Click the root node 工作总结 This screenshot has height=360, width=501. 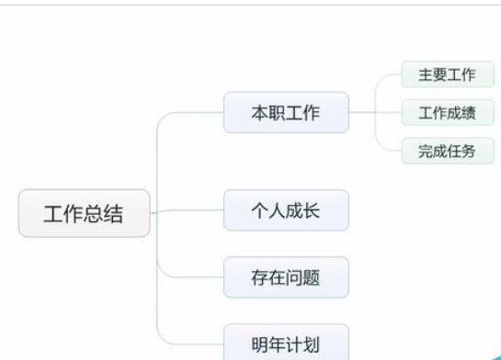[x=84, y=214]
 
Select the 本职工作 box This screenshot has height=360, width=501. [x=286, y=112]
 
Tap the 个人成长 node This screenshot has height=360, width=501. [x=286, y=210]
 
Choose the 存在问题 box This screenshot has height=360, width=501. [x=286, y=276]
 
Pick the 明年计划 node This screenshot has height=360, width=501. [x=286, y=343]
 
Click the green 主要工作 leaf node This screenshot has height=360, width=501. [x=447, y=75]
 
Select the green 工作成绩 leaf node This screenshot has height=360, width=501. [x=447, y=113]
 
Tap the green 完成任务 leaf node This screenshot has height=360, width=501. [x=447, y=151]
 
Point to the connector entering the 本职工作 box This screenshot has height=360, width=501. [x=188, y=114]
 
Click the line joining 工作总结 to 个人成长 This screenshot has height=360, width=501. [x=188, y=211]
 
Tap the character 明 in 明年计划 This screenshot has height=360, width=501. [x=260, y=343]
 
